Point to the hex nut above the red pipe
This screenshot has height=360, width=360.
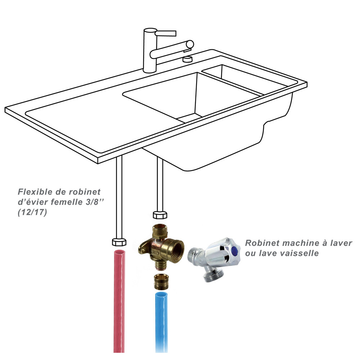pos(119,242)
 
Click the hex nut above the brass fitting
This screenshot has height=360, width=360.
pos(160,215)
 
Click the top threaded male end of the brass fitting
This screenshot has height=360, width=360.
pos(160,230)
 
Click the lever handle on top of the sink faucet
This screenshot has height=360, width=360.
pos(166,33)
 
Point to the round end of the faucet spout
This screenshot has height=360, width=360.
pos(190,44)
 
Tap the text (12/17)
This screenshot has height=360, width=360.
pos(32,212)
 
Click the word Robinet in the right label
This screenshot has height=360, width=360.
pos(262,243)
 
